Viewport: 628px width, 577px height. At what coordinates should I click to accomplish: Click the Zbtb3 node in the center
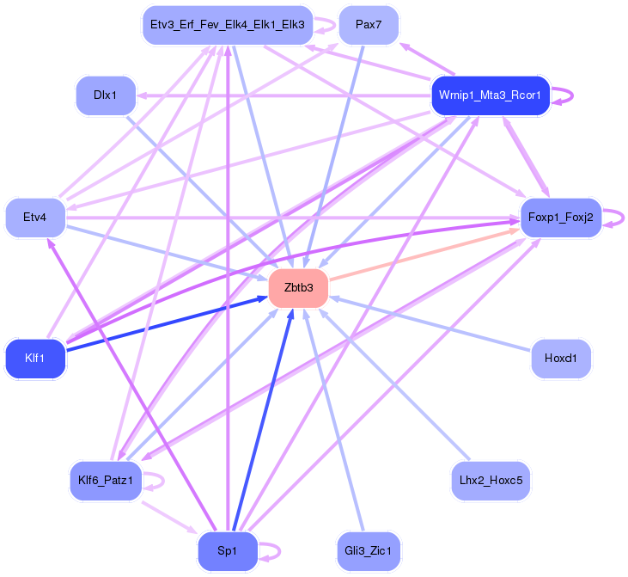point(298,288)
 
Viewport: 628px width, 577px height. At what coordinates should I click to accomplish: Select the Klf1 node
point(35,358)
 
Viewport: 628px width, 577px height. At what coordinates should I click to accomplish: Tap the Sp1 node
point(227,551)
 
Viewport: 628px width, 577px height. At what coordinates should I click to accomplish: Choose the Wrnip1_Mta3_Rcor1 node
point(489,95)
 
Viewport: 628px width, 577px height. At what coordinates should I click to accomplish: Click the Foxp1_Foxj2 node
point(560,218)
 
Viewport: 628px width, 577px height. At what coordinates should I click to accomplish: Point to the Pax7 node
point(369,25)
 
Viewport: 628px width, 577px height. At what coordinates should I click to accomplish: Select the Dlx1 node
point(105,95)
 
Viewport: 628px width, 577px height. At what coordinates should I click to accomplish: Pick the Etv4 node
point(35,218)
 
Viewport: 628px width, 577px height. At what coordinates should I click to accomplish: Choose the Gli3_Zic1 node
point(369,551)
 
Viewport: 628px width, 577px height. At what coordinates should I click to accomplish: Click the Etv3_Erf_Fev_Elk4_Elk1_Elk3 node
point(227,25)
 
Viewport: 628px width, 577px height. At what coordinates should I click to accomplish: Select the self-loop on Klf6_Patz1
point(162,481)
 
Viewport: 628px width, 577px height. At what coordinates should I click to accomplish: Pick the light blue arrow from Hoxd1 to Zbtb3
point(430,323)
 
